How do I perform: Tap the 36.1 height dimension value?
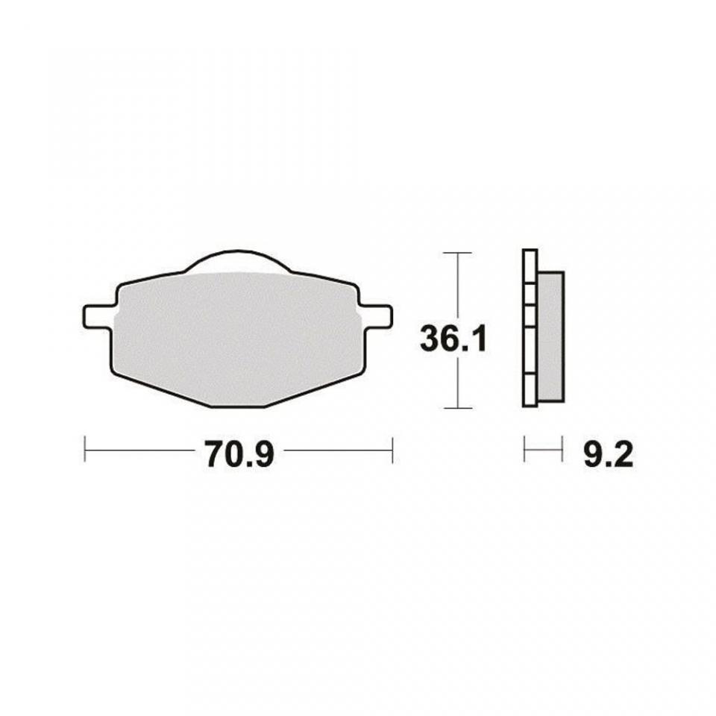pos(453,340)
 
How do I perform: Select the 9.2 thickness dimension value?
pos(608,454)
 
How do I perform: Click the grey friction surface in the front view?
pos(236,336)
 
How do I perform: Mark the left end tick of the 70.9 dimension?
pos(85,450)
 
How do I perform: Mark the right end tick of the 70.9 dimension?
pos(392,450)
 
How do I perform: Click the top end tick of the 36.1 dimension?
pos(457,253)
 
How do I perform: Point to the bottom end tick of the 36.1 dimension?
pos(457,408)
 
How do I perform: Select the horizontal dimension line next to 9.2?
pos(543,450)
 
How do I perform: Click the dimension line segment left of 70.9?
pos(138,450)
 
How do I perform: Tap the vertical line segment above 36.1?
pos(457,287)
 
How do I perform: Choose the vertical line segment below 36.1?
pos(457,384)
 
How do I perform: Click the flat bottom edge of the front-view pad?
pos(239,406)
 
